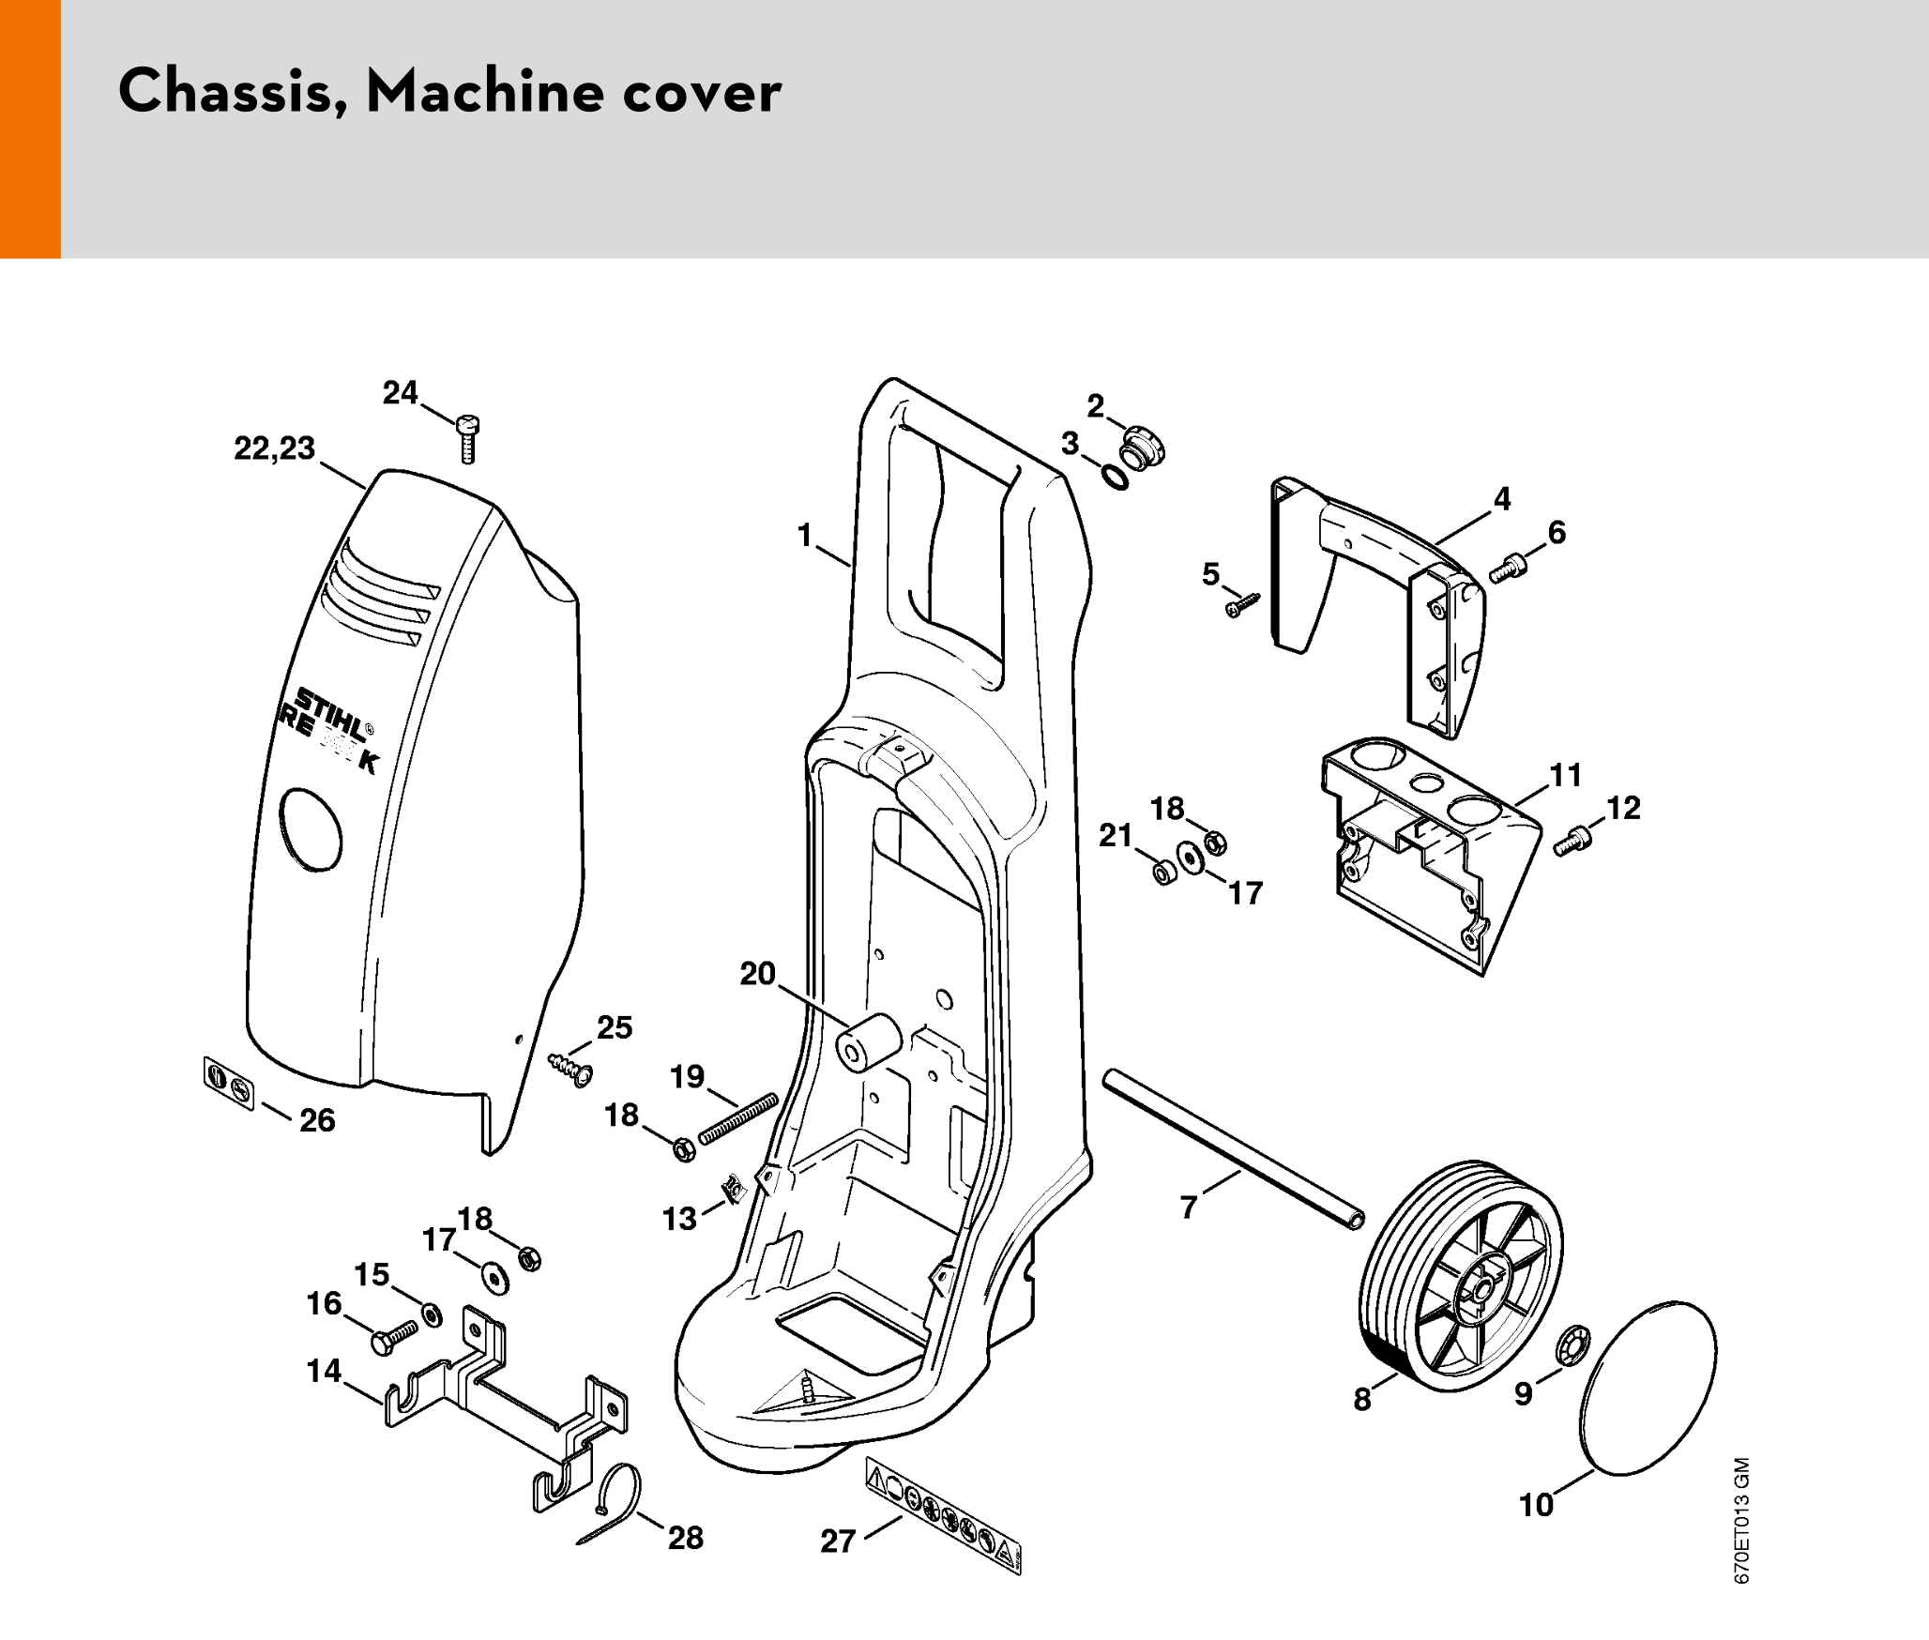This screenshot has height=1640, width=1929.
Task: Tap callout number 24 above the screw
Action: (400, 392)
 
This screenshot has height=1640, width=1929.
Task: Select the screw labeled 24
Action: (468, 438)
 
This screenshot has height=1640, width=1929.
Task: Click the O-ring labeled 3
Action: (1116, 478)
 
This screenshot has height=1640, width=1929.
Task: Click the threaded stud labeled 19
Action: (739, 1117)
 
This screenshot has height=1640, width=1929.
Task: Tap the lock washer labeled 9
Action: (1572, 1346)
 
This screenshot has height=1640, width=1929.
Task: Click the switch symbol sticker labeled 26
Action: (229, 1083)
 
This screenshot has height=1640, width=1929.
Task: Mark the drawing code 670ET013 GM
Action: (1741, 1520)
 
